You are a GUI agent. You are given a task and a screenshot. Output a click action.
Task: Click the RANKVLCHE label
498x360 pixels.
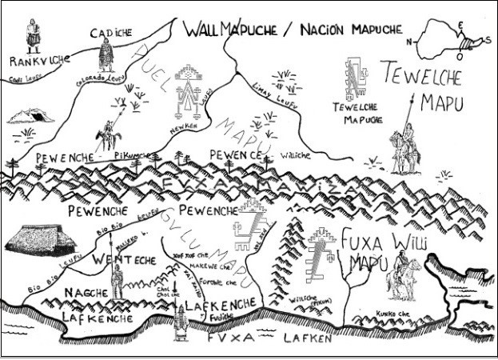click(39, 61)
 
